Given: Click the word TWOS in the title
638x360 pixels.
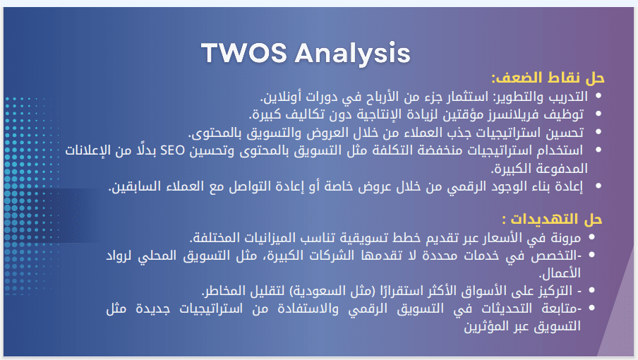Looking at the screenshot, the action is (x=244, y=53).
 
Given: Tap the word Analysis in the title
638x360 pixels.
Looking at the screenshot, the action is (x=352, y=54).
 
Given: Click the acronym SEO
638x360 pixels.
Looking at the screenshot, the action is (x=172, y=150).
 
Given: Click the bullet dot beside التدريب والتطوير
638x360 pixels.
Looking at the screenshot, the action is (x=598, y=96).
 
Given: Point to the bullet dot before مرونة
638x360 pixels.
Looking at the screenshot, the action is (x=591, y=236).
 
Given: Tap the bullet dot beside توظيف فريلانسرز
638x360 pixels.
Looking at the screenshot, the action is (x=598, y=114).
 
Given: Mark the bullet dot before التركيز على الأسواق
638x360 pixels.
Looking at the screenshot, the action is (x=591, y=290).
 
